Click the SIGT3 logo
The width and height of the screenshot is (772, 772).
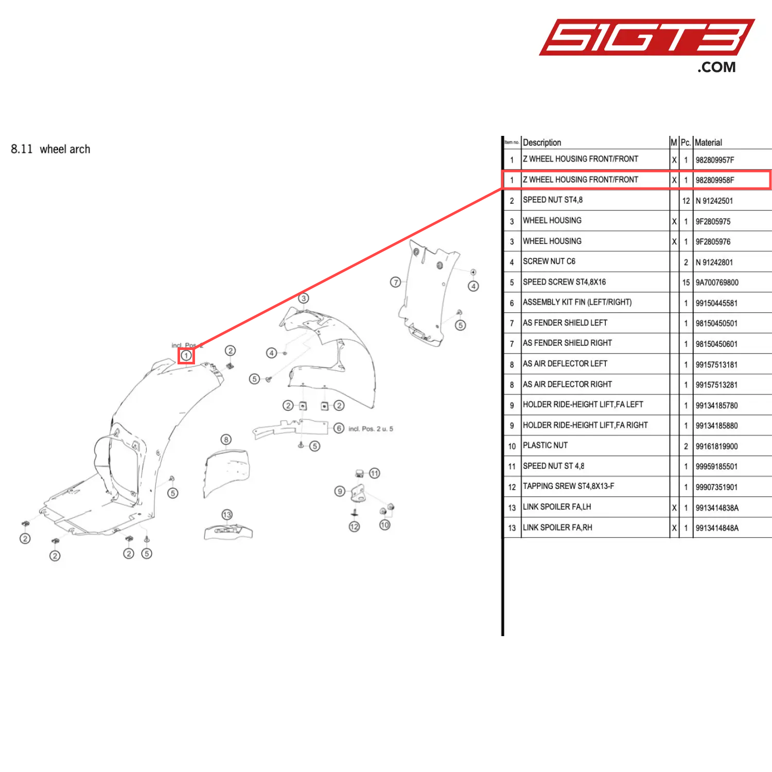[646, 39]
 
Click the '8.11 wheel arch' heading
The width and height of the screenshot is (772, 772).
[50, 149]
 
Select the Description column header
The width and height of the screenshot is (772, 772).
[542, 143]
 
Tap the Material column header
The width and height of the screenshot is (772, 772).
[708, 143]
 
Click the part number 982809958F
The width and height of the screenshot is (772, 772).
[715, 180]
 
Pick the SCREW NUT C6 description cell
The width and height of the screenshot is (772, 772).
[549, 261]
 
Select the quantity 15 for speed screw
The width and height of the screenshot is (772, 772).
[686, 283]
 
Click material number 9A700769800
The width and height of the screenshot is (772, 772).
[717, 283]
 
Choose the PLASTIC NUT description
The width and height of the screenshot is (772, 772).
[545, 445]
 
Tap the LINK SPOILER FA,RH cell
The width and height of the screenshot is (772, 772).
[557, 528]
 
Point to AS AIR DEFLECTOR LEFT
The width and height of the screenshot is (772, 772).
[565, 364]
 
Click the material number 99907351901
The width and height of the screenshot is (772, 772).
[716, 487]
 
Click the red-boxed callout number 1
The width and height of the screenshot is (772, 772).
[186, 355]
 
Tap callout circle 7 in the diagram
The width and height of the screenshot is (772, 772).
[395, 282]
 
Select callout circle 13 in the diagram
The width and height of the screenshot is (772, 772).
[227, 515]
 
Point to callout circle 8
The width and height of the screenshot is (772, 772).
[226, 440]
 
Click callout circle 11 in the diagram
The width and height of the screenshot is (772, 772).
[375, 473]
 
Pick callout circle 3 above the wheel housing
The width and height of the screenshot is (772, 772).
[304, 298]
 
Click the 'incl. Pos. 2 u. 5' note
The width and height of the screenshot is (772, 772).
[371, 429]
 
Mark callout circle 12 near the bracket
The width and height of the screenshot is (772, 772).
[354, 527]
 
